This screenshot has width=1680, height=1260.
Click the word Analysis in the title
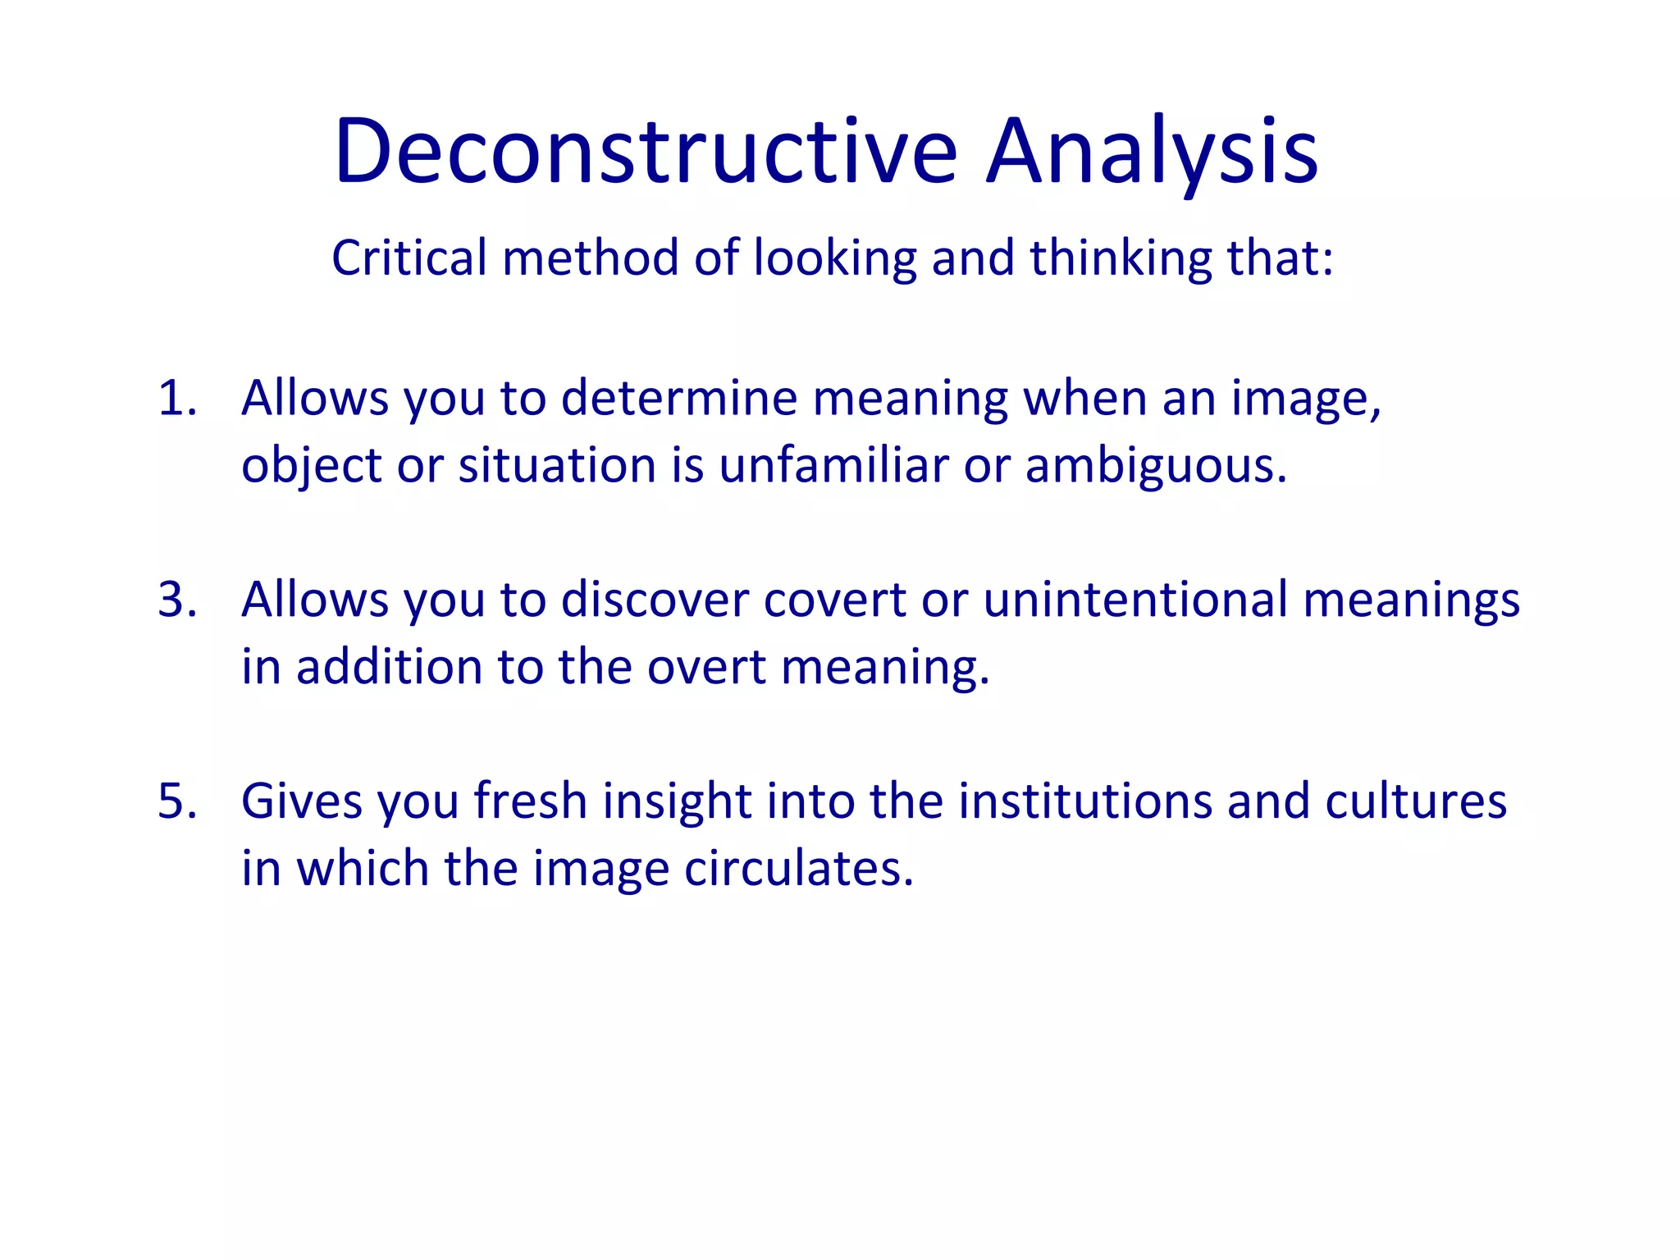[x=1152, y=153]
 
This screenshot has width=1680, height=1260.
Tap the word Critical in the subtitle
[x=409, y=258]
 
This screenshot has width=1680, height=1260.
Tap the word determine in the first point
[x=679, y=399]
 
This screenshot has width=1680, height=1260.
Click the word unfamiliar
[x=833, y=466]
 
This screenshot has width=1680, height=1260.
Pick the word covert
[x=834, y=600]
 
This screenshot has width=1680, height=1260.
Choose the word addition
[x=389, y=667]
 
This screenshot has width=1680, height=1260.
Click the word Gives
[x=302, y=801]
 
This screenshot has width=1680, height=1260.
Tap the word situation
[x=558, y=466]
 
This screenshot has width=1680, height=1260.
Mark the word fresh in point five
[x=531, y=801]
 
